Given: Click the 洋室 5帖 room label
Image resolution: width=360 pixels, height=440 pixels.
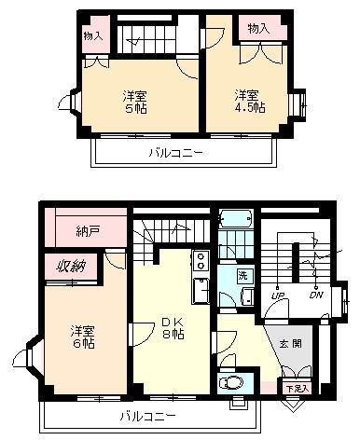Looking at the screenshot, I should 137,102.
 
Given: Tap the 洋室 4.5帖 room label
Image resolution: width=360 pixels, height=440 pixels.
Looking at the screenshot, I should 248,101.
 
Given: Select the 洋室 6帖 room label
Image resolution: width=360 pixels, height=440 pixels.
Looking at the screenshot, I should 81,337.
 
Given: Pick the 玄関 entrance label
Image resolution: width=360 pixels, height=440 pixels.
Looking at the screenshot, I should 290,344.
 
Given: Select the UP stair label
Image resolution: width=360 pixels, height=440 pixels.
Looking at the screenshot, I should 277,296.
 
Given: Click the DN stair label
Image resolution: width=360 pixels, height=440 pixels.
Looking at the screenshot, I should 316,296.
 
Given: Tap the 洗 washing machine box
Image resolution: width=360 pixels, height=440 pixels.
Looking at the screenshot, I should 242,276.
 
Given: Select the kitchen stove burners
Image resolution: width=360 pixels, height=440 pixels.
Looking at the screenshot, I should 201,261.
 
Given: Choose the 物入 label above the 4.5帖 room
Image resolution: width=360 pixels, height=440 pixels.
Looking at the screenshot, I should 258,30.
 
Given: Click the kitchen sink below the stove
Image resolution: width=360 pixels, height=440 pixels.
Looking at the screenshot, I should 200,290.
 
